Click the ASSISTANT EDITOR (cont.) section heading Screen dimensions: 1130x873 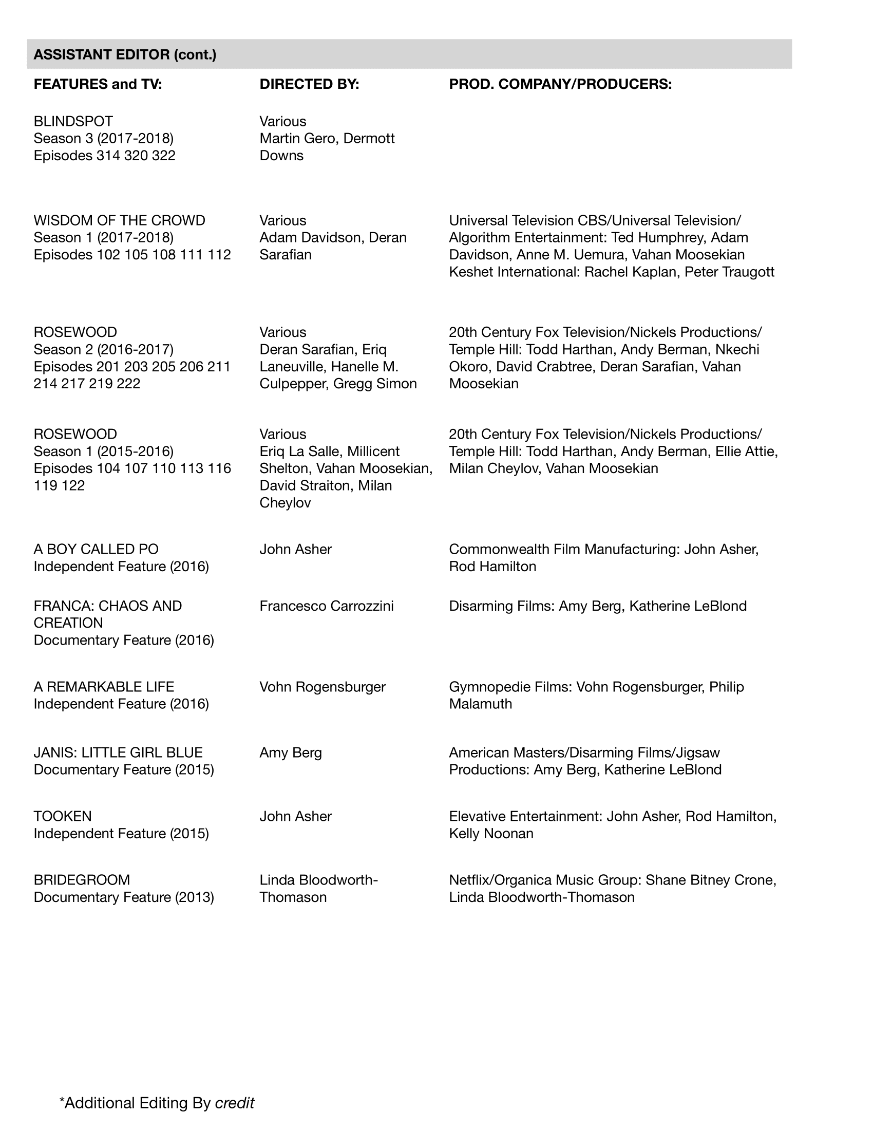[125, 54]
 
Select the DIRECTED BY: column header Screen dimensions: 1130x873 [309, 84]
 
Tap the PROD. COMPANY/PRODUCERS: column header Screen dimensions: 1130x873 [560, 84]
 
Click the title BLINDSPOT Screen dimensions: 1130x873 [73, 121]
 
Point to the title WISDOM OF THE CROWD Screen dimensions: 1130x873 [119, 220]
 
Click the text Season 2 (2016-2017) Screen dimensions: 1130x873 [103, 349]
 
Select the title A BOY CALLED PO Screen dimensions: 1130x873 [96, 549]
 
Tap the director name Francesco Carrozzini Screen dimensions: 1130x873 [326, 606]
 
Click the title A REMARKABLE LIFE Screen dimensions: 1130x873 [103, 687]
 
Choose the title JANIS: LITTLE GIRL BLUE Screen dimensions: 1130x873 [118, 752]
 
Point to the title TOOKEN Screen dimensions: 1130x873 [63, 816]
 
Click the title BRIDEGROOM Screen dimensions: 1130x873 [82, 879]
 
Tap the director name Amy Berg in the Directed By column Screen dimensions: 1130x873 [291, 752]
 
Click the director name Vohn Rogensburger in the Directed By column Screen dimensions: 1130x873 [322, 687]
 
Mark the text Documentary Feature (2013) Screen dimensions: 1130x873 [124, 897]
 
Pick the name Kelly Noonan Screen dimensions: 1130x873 [491, 833]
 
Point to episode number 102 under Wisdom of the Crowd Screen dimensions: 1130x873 [108, 255]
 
